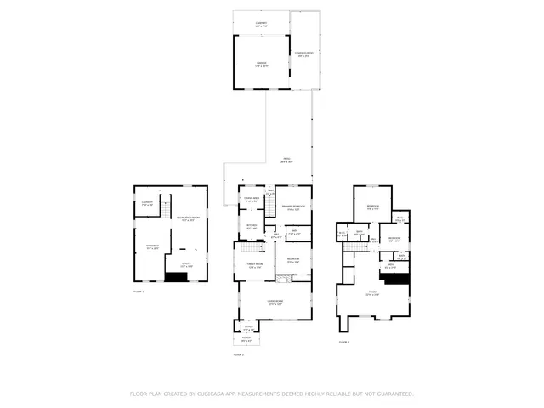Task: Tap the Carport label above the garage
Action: (261, 25)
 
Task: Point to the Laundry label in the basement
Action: (147, 203)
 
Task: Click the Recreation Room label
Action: (188, 219)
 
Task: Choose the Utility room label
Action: (186, 265)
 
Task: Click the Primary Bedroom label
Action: (294, 207)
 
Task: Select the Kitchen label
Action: (252, 227)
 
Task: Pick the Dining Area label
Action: (252, 201)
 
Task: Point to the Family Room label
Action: (255, 266)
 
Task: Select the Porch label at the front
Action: (246, 340)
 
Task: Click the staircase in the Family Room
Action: (247, 245)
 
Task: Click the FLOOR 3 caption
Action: (344, 341)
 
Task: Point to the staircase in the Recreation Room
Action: (167, 206)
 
